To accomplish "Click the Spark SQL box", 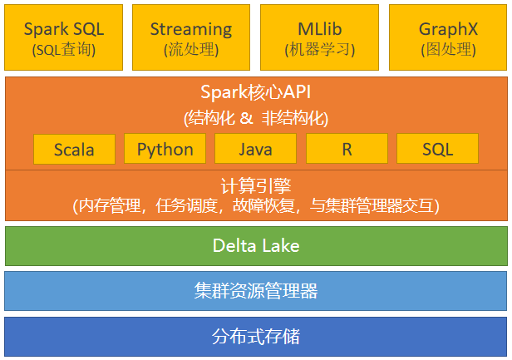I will pyautogui.click(x=63, y=37).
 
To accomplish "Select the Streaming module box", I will pyautogui.click(x=191, y=37).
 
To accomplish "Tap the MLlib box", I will pyautogui.click(x=319, y=37).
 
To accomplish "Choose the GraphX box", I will pyautogui.click(x=447, y=37).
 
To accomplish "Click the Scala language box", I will pyautogui.click(x=74, y=150).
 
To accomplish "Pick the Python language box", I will pyautogui.click(x=165, y=149).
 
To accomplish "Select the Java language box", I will pyautogui.click(x=255, y=149).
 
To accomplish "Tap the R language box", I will pyautogui.click(x=347, y=149).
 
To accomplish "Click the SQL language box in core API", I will pyautogui.click(x=437, y=149).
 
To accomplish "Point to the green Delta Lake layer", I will pyautogui.click(x=256, y=245).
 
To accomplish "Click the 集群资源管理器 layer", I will pyautogui.click(x=256, y=291).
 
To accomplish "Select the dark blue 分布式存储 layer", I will pyautogui.click(x=256, y=337).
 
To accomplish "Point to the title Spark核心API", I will pyautogui.click(x=256, y=91).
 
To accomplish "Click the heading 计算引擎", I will pyautogui.click(x=256, y=185).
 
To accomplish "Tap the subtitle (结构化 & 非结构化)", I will pyautogui.click(x=256, y=117).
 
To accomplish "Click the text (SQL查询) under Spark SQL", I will pyautogui.click(x=64, y=50).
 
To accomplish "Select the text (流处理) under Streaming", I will pyautogui.click(x=191, y=50).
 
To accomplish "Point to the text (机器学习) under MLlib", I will pyautogui.click(x=319, y=50).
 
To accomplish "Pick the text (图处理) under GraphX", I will pyautogui.click(x=447, y=50).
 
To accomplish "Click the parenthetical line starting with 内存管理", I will pyautogui.click(x=256, y=205).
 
